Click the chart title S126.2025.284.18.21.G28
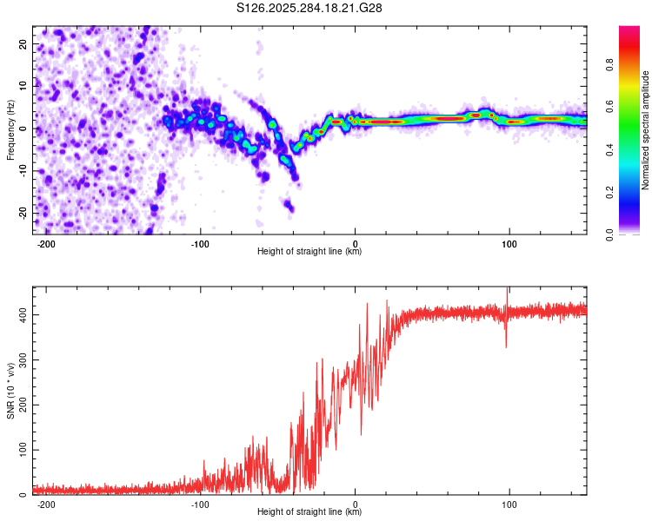(x=310, y=8)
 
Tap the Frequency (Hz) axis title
(x=10, y=129)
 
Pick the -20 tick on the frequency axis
(x=23, y=213)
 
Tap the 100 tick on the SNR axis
(x=22, y=451)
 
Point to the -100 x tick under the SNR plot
(x=201, y=505)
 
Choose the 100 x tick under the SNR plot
(x=509, y=505)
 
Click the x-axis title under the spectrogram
(x=309, y=252)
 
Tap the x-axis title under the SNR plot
(x=309, y=512)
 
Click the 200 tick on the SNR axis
(x=22, y=406)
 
